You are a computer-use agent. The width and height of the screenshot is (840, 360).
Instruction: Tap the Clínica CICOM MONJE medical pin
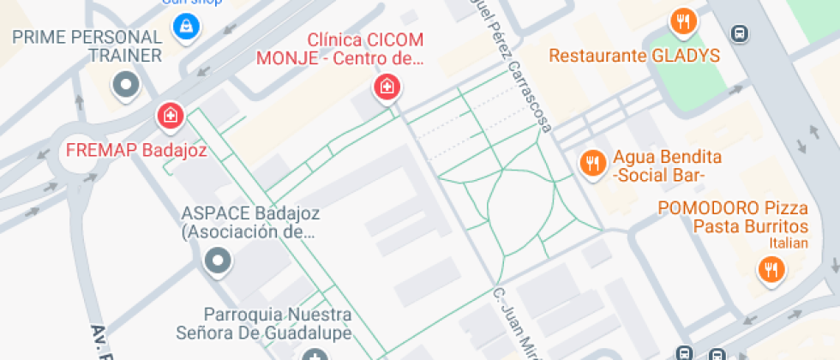pos(385,86)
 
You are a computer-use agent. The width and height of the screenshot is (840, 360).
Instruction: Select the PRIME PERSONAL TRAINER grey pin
pos(127,85)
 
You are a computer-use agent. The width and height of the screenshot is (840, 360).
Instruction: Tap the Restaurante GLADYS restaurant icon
pos(683,22)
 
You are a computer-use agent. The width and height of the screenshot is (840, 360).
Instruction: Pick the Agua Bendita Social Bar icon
pos(591,161)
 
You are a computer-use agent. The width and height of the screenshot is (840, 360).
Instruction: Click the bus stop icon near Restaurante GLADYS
pos(738,34)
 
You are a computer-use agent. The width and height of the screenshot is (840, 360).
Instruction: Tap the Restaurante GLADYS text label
pos(633,57)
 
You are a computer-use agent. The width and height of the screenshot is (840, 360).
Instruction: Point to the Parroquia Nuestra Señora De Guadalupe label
pos(276,323)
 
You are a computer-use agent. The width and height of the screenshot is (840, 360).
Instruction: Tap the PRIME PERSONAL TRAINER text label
pos(87,46)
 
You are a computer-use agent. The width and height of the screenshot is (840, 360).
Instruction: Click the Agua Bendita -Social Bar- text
pos(666,166)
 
